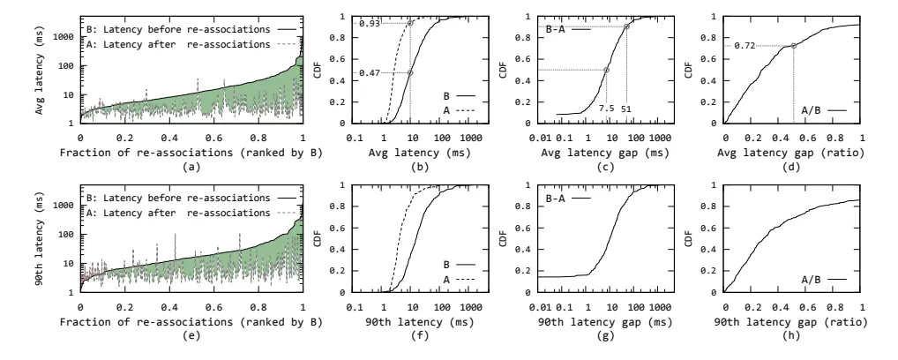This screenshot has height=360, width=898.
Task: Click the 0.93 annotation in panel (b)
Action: point(368,24)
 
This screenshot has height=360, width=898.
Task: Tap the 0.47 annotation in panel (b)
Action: point(368,73)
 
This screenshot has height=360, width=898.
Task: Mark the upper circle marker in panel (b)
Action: point(410,24)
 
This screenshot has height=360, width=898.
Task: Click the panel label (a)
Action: point(191,168)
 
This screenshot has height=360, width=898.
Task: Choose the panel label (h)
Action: point(792,336)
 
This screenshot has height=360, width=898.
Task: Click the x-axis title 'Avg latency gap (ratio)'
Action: point(792,153)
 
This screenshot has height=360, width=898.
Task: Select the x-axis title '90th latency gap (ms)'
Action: point(605,322)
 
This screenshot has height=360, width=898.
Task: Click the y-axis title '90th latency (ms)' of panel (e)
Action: point(41,239)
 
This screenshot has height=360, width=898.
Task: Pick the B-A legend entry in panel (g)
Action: point(565,199)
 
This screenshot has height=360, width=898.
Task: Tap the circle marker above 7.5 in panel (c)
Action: point(607,70)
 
